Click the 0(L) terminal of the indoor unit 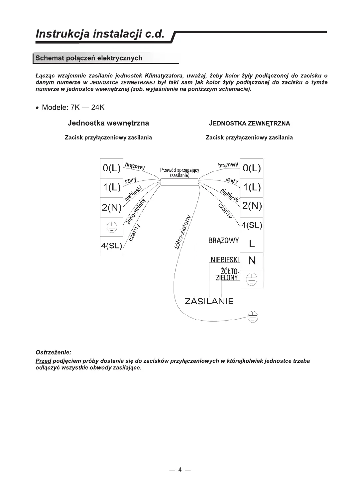pos(111,168)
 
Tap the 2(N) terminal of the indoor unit pos(111,208)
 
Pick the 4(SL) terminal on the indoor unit pos(111,246)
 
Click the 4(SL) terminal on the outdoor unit pos(252,225)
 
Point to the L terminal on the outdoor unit pos(252,244)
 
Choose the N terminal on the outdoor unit pos(252,261)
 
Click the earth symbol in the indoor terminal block pos(112,227)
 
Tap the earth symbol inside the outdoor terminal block pos(252,279)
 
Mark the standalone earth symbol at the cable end pos(253,316)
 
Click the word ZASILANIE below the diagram pos(209,301)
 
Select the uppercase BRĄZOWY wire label pos(224,241)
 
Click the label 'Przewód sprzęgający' pos(180,170)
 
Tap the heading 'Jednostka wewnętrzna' pos(108,123)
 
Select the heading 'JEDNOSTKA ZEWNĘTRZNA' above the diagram pos(249,124)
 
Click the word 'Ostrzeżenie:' pos(54,352)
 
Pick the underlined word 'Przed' pos(43,361)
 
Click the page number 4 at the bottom pos(180,469)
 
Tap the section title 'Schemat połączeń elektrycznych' pos(89,58)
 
